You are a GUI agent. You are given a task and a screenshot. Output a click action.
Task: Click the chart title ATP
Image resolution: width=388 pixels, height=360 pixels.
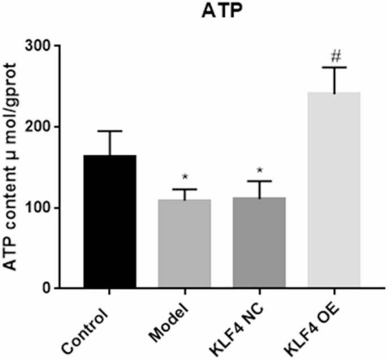[219, 12]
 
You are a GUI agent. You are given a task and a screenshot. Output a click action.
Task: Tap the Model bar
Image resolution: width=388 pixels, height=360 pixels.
[184, 243]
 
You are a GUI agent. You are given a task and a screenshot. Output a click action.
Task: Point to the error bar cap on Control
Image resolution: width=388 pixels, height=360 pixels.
[110, 131]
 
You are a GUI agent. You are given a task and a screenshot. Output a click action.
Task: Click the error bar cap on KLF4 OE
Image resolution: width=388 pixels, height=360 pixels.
[334, 67]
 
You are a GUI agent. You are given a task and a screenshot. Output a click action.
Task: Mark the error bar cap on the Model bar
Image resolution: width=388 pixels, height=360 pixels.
[185, 190]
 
